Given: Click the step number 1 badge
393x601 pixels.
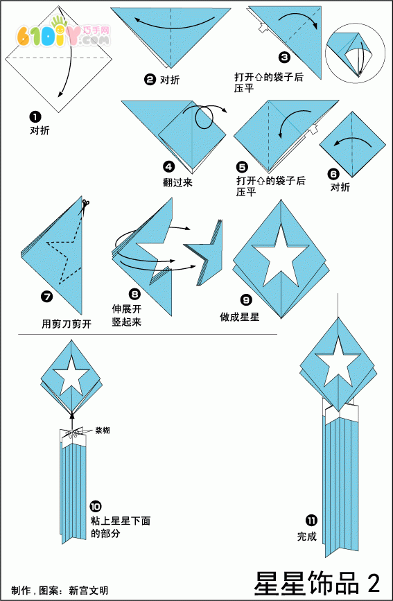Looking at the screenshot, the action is click(x=35, y=116).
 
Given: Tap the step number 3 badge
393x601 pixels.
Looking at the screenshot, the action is click(x=284, y=58).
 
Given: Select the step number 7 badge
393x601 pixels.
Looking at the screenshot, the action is click(x=46, y=296).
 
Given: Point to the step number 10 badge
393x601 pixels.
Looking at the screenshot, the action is click(x=96, y=506).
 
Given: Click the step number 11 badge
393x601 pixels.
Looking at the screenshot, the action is click(x=311, y=520).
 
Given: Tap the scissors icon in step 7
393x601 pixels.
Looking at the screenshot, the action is click(x=85, y=205).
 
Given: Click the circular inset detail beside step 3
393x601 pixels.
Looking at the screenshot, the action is click(x=355, y=53).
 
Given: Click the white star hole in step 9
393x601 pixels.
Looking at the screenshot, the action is click(x=280, y=256).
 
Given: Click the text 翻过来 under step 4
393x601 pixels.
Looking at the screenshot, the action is click(x=177, y=183).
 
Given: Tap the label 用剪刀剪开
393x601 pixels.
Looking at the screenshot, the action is click(x=67, y=324).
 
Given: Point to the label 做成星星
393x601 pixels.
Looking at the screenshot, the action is click(x=240, y=317).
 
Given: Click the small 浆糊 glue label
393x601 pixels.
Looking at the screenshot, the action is click(x=103, y=430).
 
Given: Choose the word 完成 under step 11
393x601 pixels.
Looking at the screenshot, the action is click(x=307, y=536).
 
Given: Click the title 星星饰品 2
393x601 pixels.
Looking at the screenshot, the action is click(x=317, y=584).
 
